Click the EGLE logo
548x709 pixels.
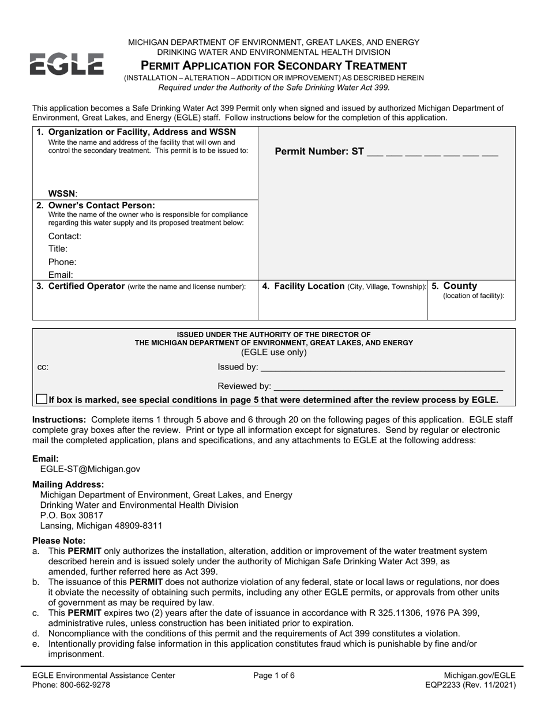coord(66,64)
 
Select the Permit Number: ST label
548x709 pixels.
coord(320,152)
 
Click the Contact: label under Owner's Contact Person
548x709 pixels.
coord(65,236)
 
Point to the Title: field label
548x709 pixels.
coord(58,249)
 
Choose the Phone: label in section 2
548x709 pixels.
coord(62,262)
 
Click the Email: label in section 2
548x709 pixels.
coord(61,276)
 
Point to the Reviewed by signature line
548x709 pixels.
coord(388,386)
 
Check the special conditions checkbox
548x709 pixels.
coord(42,399)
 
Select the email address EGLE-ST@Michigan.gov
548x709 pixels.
coord(94,469)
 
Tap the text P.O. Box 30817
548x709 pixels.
coord(72,515)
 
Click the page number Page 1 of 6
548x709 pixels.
coord(274,675)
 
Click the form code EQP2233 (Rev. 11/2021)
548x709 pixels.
coord(469,685)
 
